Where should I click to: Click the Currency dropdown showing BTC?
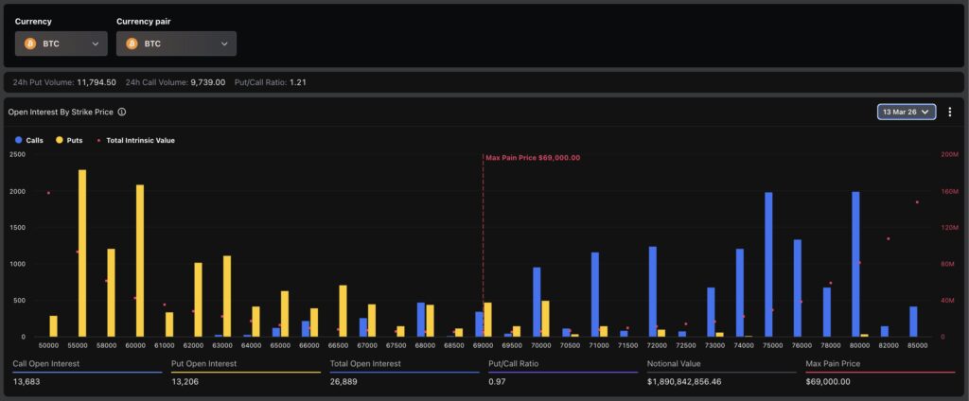pyautogui.click(x=61, y=44)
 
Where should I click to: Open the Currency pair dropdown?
pyautogui.click(x=176, y=44)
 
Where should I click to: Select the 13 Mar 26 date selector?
pyautogui.click(x=907, y=112)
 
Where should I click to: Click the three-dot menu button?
pyautogui.click(x=948, y=112)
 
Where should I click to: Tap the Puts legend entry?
pyautogui.click(x=69, y=140)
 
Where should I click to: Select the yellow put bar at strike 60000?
pyautogui.click(x=140, y=260)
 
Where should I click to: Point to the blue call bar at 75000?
pyautogui.click(x=768, y=265)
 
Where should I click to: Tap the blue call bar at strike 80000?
pyautogui.click(x=855, y=265)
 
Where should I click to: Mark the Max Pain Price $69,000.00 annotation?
pyautogui.click(x=533, y=158)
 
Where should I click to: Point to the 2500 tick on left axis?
pyautogui.click(x=17, y=154)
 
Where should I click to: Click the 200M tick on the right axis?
pyautogui.click(x=948, y=154)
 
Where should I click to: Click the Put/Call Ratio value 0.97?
pyautogui.click(x=497, y=382)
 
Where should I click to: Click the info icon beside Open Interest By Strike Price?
pyautogui.click(x=122, y=112)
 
